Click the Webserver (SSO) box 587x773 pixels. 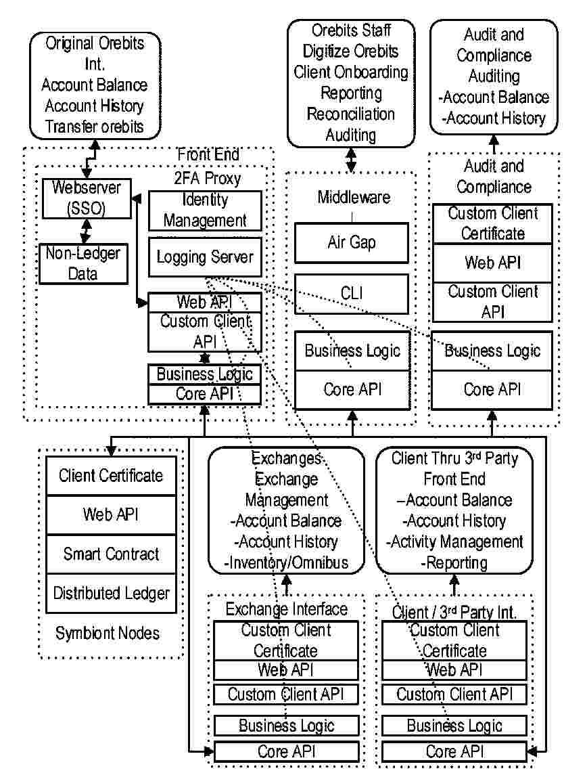click(x=86, y=198)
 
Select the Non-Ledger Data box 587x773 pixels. click(x=83, y=263)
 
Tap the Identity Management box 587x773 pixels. click(x=205, y=210)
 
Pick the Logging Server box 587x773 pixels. click(x=205, y=257)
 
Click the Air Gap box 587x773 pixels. click(x=352, y=242)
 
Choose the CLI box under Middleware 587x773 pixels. click(x=352, y=293)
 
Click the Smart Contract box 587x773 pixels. click(x=112, y=554)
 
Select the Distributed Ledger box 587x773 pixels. click(x=112, y=593)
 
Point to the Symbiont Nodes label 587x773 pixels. click(x=108, y=634)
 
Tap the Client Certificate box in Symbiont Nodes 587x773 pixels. click(x=112, y=475)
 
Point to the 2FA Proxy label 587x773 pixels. click(x=208, y=179)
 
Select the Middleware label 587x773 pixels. click(x=354, y=197)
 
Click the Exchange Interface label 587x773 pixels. click(x=287, y=609)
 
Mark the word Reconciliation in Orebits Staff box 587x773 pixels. click(x=350, y=114)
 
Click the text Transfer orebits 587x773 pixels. click(x=95, y=127)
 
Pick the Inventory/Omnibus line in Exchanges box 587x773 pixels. click(x=287, y=562)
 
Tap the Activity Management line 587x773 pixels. click(x=454, y=542)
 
